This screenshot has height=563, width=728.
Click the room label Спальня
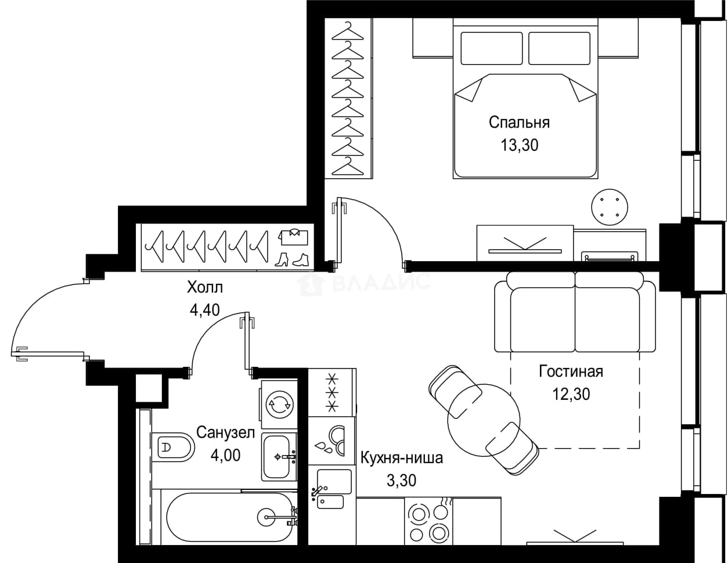click(519, 122)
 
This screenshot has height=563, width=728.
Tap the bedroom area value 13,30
click(519, 145)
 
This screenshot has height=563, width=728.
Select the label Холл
click(205, 287)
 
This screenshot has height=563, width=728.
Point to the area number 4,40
click(205, 310)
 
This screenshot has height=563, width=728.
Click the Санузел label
click(225, 433)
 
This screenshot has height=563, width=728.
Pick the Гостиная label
click(571, 371)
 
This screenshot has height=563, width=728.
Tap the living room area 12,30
click(571, 394)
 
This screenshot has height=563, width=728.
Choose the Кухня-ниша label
click(401, 457)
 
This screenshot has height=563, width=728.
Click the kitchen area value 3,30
click(401, 480)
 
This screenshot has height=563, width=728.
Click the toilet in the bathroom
click(173, 447)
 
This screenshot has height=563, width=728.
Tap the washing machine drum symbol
click(280, 405)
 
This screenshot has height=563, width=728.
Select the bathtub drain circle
click(266, 517)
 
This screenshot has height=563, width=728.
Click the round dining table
click(484, 420)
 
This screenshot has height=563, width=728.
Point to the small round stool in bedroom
click(610, 207)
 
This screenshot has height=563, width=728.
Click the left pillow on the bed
click(492, 48)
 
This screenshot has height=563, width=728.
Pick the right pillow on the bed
click(559, 48)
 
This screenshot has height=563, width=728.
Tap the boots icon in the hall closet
click(291, 259)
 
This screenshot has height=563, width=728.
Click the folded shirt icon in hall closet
click(293, 237)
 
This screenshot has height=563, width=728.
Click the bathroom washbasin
click(279, 457)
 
